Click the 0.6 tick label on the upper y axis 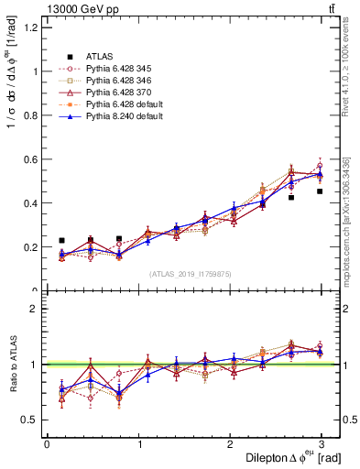(32, 159)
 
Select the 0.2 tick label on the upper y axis (32, 247)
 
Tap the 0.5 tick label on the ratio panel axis (32, 420)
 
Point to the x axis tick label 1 (140, 443)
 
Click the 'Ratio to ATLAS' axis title (12, 367)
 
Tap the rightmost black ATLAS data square (320, 191)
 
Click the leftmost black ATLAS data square (61, 240)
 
